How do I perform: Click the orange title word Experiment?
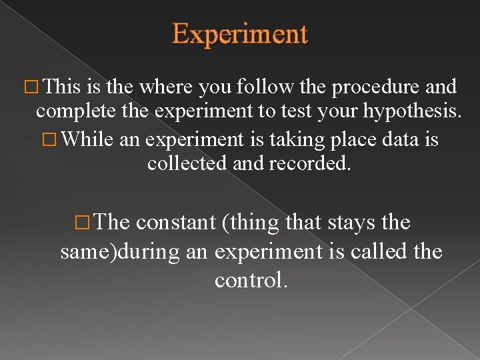pyautogui.click(x=240, y=33)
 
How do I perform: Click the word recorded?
pyautogui.click(x=309, y=163)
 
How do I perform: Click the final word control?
pyautogui.click(x=251, y=280)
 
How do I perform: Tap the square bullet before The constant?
pyautogui.click(x=84, y=223)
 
